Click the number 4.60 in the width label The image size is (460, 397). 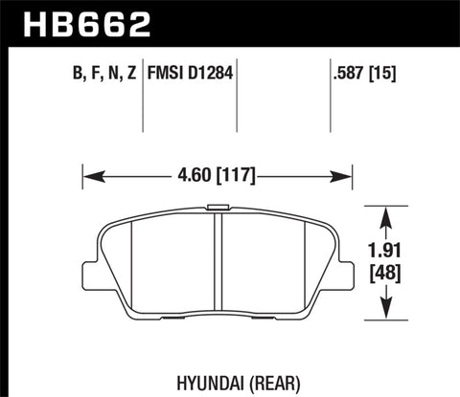tap(194, 176)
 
